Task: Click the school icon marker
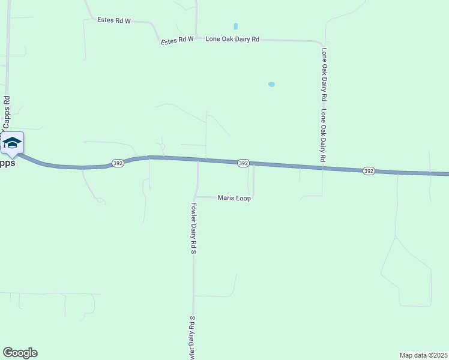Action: [x=12, y=143]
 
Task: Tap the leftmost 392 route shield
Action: [x=118, y=163]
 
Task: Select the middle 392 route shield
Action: [x=243, y=163]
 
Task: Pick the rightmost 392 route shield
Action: [x=369, y=171]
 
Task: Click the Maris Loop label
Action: [x=234, y=198]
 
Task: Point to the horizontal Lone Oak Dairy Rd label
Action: [x=232, y=39]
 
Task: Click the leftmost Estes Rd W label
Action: [x=114, y=20]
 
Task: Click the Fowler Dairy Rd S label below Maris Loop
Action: [x=194, y=229]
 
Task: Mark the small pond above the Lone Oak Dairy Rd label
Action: [x=235, y=26]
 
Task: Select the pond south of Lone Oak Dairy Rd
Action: [x=271, y=85]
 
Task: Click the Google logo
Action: [x=20, y=353]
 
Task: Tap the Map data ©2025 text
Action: [x=423, y=355]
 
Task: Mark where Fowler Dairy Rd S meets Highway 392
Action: [x=198, y=160]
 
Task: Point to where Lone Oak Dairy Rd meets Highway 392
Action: [x=322, y=167]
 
